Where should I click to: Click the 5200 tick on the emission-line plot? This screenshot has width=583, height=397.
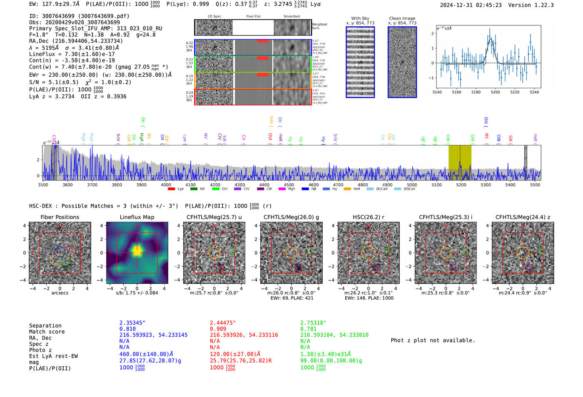[495, 92]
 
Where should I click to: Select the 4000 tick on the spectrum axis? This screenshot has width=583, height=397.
[166, 185]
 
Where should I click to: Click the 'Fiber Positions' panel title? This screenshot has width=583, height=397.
[60, 217]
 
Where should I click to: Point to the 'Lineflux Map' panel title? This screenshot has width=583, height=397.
[137, 217]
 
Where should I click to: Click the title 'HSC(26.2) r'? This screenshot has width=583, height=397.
[368, 217]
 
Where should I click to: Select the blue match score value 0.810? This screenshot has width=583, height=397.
[127, 329]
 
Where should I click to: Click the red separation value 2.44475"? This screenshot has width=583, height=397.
[222, 323]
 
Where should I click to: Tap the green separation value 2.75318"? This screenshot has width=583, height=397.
[313, 323]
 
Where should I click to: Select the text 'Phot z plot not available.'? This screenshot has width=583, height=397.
[433, 340]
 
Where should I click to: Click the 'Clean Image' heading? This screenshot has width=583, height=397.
[402, 18]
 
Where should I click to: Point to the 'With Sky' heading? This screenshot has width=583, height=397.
[360, 18]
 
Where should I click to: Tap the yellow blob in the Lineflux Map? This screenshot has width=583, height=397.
[137, 251]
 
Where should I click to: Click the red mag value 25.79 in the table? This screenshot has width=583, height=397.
[240, 360]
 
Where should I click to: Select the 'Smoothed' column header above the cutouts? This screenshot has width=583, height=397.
[291, 17]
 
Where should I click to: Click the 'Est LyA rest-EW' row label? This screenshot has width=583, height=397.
[53, 356]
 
